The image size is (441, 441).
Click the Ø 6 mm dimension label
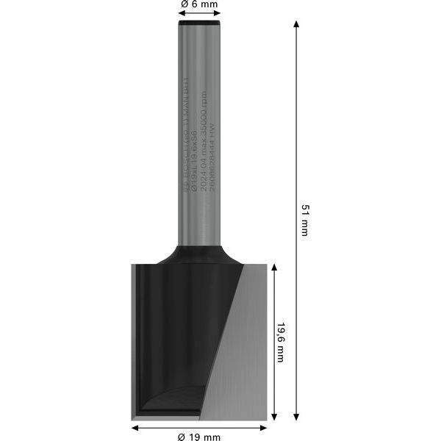(199, 5)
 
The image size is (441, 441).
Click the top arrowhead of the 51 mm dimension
(296, 25)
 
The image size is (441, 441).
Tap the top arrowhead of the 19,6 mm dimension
(274, 268)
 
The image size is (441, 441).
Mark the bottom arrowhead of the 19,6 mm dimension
(274, 417)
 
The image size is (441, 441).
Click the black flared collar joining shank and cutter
(199, 254)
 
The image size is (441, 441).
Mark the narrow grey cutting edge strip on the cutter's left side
(135, 338)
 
